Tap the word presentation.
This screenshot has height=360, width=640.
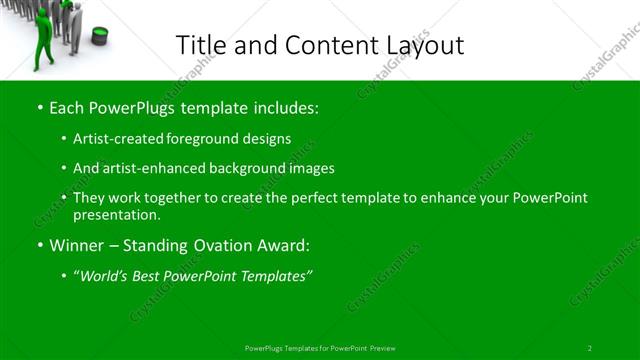click(x=117, y=214)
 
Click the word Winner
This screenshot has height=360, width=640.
click(x=75, y=245)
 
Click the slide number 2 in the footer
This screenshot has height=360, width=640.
click(x=590, y=348)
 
